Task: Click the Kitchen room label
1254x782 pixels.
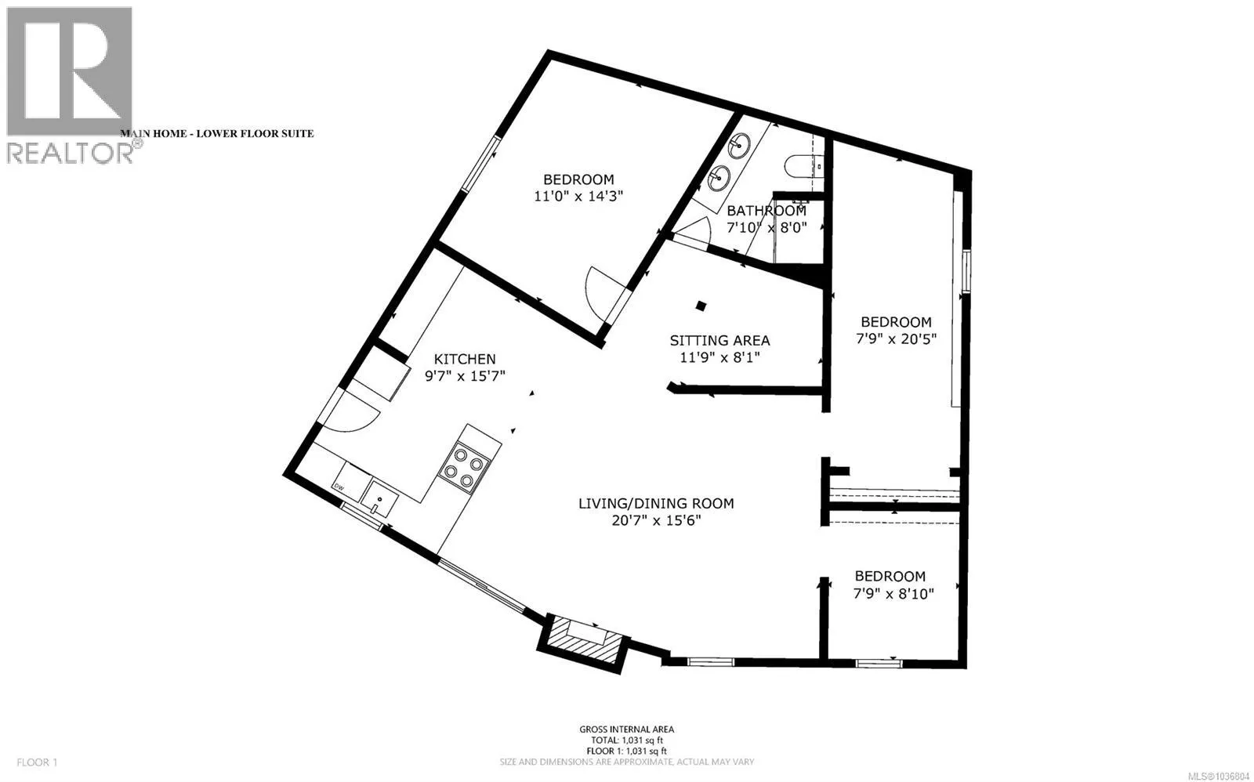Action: (x=466, y=359)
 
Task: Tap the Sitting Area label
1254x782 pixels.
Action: (x=720, y=340)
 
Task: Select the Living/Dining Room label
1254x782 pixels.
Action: (x=656, y=504)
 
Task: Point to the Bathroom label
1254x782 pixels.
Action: (x=767, y=211)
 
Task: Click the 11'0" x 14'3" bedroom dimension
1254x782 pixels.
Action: (x=578, y=197)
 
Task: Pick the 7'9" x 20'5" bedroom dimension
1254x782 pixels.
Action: (x=897, y=339)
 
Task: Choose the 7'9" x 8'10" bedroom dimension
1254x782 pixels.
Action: (x=894, y=593)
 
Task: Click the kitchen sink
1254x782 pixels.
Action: (x=379, y=498)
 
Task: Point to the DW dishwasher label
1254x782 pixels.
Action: (x=339, y=487)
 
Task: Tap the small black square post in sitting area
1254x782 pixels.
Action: (x=701, y=306)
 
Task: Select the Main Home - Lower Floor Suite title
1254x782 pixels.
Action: (x=216, y=134)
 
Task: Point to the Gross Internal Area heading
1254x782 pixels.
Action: (x=626, y=730)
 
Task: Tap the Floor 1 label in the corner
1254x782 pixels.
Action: (x=38, y=762)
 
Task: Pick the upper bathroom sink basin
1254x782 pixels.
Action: (x=740, y=145)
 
